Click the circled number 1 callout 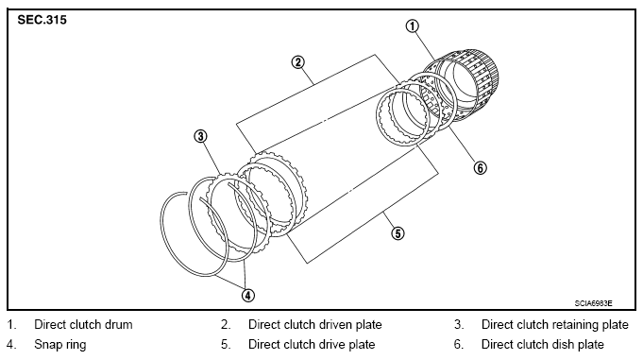(x=412, y=26)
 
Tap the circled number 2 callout (x=297, y=62)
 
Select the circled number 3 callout (x=200, y=136)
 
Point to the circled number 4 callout (x=247, y=295)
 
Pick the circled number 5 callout (x=398, y=233)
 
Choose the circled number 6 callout (x=481, y=167)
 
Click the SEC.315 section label (x=42, y=20)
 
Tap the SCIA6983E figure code (x=593, y=303)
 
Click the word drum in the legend (x=119, y=325)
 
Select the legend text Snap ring (x=60, y=344)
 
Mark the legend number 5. (x=226, y=344)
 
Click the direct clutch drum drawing (x=464, y=86)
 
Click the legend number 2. (x=226, y=325)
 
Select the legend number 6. (x=459, y=344)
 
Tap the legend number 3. (x=459, y=325)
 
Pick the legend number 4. (x=11, y=344)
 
